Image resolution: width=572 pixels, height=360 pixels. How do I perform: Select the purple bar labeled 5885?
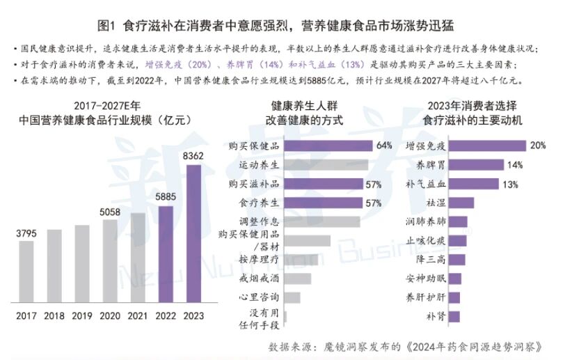(x=165, y=254)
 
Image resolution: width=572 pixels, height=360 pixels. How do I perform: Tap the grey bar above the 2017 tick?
(x=26, y=271)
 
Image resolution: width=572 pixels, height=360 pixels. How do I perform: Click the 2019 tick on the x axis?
(x=82, y=315)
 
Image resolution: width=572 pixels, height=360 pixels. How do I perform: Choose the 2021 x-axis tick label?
(x=138, y=315)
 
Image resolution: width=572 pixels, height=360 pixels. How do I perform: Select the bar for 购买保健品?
(x=328, y=146)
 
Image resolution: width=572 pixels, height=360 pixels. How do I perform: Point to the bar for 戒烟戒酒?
(x=299, y=279)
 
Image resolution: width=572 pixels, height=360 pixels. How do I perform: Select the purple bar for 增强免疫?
(x=492, y=146)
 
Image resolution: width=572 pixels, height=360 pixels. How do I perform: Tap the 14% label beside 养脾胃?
(x=515, y=165)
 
